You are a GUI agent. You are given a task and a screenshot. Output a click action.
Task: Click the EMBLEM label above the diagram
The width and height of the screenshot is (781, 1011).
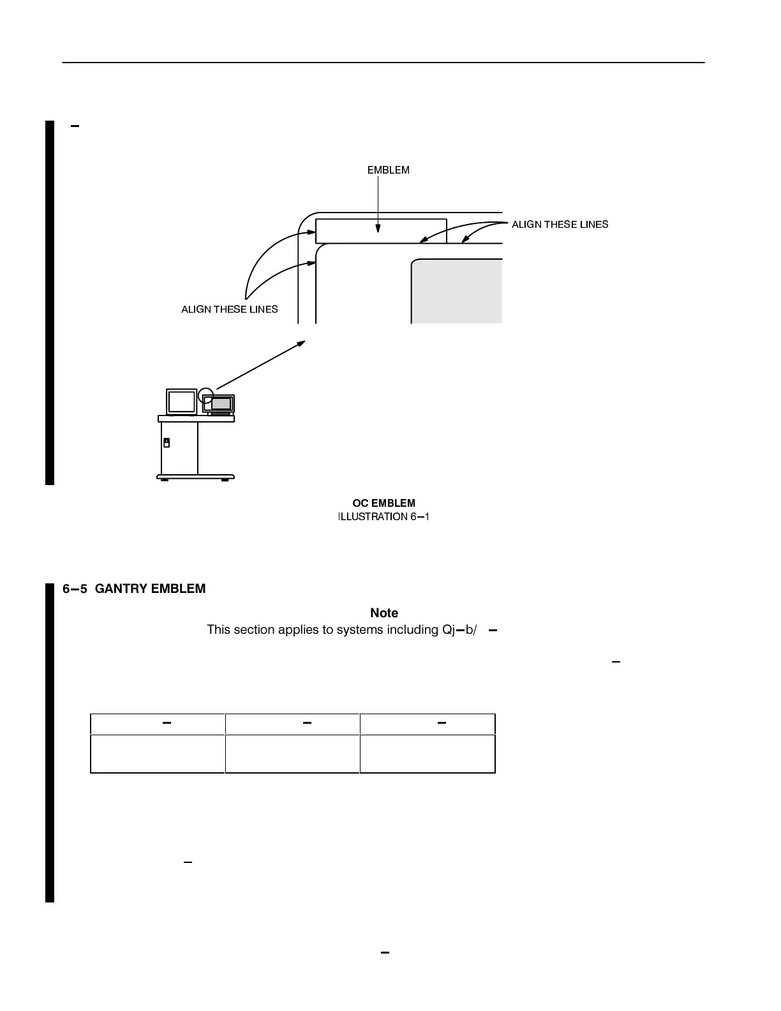(388, 170)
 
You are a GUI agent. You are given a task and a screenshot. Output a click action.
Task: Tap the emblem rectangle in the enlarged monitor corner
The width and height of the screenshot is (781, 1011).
(381, 231)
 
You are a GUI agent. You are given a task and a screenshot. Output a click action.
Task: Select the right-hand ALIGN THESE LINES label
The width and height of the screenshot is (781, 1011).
(560, 225)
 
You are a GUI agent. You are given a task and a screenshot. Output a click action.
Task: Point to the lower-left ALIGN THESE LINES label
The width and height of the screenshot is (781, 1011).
(230, 310)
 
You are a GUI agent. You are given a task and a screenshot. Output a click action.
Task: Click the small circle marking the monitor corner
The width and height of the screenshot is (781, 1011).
(205, 395)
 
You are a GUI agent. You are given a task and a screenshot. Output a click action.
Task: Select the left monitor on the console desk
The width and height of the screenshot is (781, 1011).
(181, 402)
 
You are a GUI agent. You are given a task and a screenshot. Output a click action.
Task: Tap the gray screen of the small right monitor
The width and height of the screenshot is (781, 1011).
(221, 403)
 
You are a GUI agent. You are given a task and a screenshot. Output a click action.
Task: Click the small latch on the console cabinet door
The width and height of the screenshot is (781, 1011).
(167, 442)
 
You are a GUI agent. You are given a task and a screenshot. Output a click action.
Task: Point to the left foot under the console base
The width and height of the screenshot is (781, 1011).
(165, 480)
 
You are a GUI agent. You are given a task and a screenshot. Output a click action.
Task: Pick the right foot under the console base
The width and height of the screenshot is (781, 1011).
(225, 480)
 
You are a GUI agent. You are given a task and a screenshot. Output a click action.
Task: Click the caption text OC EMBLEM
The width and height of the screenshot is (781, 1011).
(383, 504)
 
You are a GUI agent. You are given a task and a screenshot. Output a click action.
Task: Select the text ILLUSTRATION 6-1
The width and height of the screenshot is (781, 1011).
(383, 517)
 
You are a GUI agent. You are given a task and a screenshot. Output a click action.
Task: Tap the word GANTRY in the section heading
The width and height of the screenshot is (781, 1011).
(125, 589)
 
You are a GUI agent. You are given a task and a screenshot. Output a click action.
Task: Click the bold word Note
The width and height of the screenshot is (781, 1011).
(384, 613)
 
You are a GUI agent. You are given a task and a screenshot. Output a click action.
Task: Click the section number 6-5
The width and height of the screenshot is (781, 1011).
(75, 589)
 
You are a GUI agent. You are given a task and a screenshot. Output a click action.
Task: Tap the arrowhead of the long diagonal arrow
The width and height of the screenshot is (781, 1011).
(302, 343)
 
